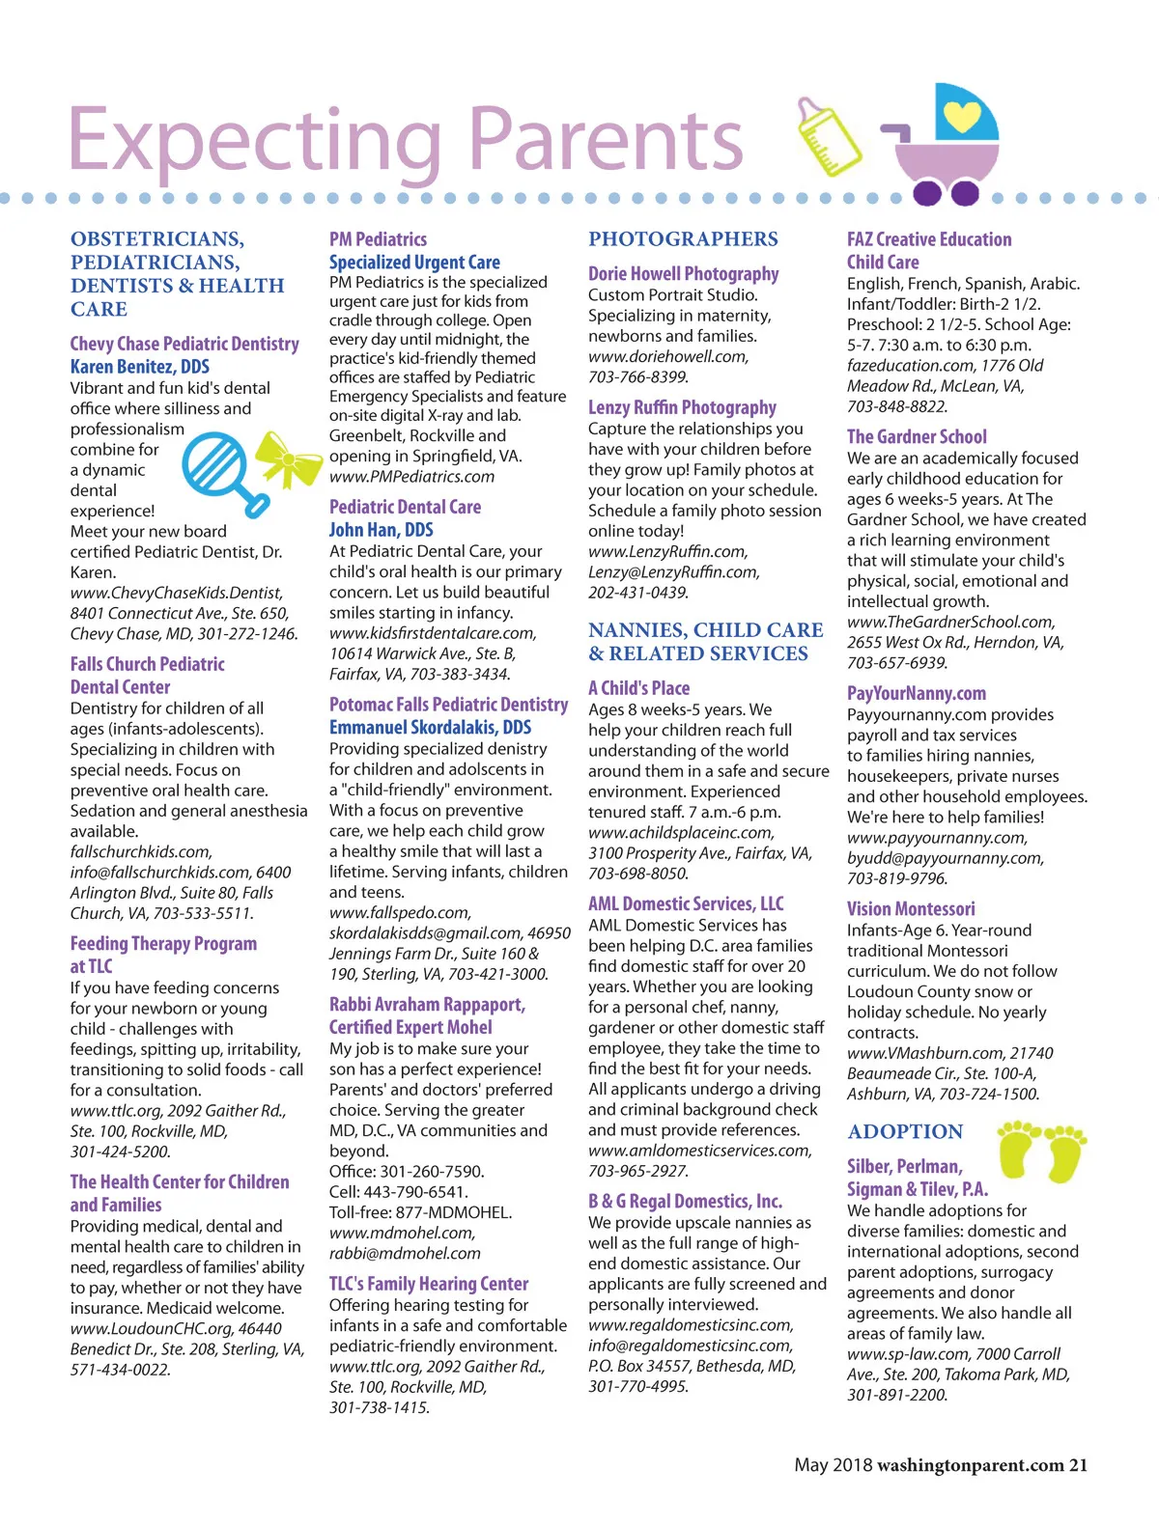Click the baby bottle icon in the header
pyautogui.click(x=828, y=136)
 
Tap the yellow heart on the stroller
pyautogui.click(x=961, y=115)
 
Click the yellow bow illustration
pyautogui.click(x=287, y=460)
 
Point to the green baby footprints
pyautogui.click(x=1041, y=1149)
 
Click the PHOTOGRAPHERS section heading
pyautogui.click(x=683, y=239)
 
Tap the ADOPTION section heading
pyautogui.click(x=905, y=1131)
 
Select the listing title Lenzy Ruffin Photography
pyautogui.click(x=682, y=407)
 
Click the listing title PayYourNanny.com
pyautogui.click(x=917, y=693)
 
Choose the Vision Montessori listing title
pyautogui.click(x=911, y=908)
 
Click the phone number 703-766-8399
pyautogui.click(x=637, y=376)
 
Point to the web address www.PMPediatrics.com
pyautogui.click(x=411, y=476)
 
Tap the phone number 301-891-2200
pyautogui.click(x=897, y=1395)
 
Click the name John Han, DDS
pyautogui.click(x=381, y=529)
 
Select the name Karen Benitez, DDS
pyautogui.click(x=139, y=366)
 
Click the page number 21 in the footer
pyautogui.click(x=1078, y=1465)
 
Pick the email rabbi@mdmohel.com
pyautogui.click(x=405, y=1253)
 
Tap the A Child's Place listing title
pyautogui.click(x=638, y=688)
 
